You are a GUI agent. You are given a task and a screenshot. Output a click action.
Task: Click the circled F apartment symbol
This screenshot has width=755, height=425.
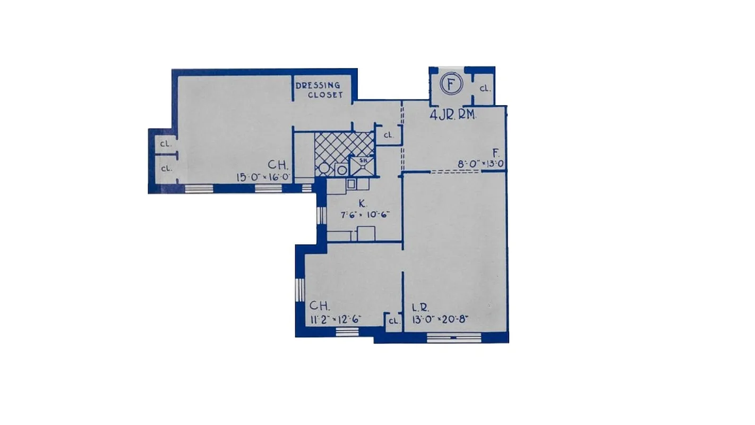tap(451, 84)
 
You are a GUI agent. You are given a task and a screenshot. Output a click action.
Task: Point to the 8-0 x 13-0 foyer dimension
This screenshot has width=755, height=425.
tap(481, 164)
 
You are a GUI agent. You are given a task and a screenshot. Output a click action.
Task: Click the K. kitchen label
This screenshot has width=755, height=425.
tap(362, 203)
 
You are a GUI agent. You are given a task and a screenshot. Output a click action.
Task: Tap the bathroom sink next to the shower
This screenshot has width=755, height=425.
tap(341, 170)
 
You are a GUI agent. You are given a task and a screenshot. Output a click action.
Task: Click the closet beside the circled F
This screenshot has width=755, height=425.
tap(484, 89)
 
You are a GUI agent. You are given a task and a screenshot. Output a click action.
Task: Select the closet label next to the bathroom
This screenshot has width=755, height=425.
tap(388, 135)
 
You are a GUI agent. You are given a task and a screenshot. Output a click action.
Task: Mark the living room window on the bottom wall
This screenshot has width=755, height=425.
tap(453, 337)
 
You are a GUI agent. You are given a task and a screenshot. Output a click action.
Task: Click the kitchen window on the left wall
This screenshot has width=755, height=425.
tap(320, 215)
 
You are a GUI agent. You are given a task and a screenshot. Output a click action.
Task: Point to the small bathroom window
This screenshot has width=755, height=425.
tap(307, 188)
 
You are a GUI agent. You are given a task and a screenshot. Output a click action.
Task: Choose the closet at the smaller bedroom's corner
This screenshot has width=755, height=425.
tap(393, 321)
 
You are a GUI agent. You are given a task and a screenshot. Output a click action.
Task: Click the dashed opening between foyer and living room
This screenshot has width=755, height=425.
tap(454, 171)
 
